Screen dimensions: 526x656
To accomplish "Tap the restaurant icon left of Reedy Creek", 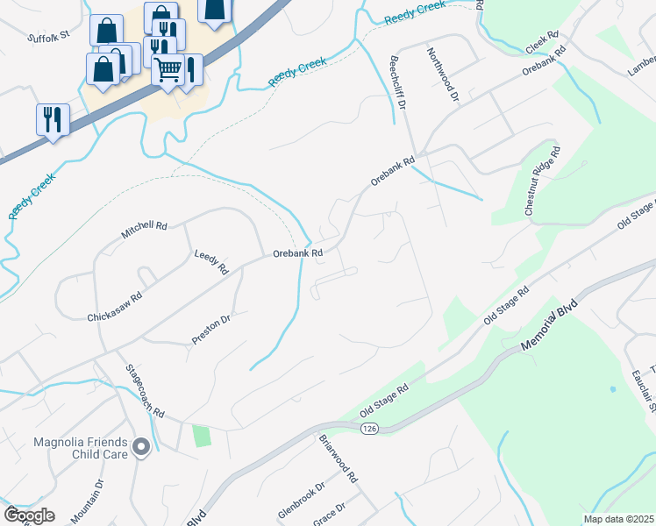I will [x=53, y=119].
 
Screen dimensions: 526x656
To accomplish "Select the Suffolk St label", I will [x=47, y=39].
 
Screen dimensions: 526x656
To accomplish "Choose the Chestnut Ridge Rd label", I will [x=541, y=183].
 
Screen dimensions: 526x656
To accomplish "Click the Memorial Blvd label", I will [x=551, y=326].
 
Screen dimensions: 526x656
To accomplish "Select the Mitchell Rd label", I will [x=144, y=231].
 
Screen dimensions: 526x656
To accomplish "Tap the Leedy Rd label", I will [x=210, y=261].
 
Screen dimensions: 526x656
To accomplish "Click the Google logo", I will [x=29, y=515].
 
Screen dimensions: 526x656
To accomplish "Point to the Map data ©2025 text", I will [x=618, y=519].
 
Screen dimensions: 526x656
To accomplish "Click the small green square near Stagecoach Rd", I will [x=203, y=436].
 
